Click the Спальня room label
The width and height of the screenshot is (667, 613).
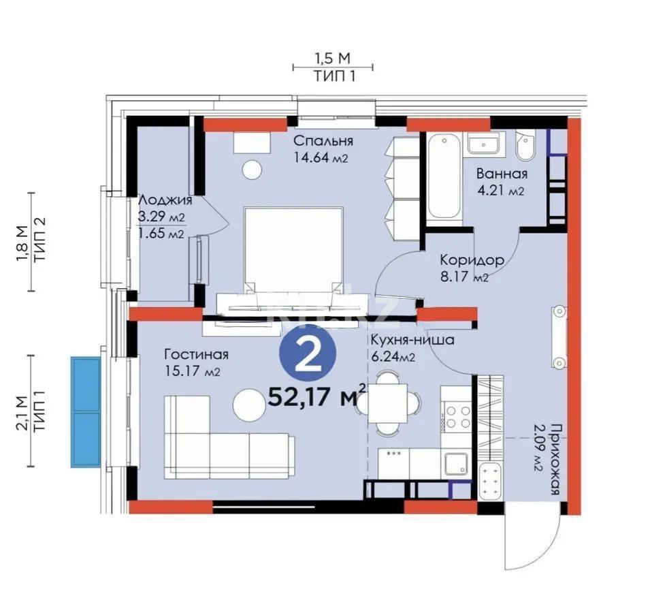click(323, 141)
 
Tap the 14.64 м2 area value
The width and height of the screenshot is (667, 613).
click(321, 159)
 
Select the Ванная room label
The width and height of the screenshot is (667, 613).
click(502, 174)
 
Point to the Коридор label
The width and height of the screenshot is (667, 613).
click(471, 260)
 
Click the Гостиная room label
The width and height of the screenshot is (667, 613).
click(196, 354)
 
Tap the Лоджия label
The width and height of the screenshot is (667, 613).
click(165, 201)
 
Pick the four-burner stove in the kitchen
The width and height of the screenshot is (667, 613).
click(454, 416)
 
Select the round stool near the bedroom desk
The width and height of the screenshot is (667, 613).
click(253, 168)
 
